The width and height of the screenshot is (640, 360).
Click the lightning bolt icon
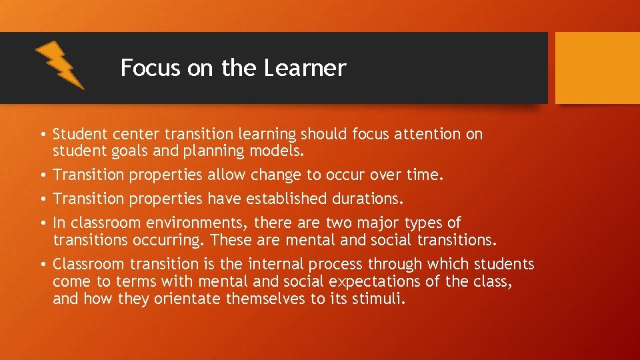pyautogui.click(x=59, y=65)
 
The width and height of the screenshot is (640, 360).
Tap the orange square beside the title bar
pyautogui.click(x=597, y=69)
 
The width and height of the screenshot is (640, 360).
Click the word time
pyautogui.click(x=424, y=175)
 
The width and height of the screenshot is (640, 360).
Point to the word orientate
pyautogui.click(x=188, y=299)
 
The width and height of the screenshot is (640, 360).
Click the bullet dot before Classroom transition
pyautogui.click(x=43, y=264)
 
